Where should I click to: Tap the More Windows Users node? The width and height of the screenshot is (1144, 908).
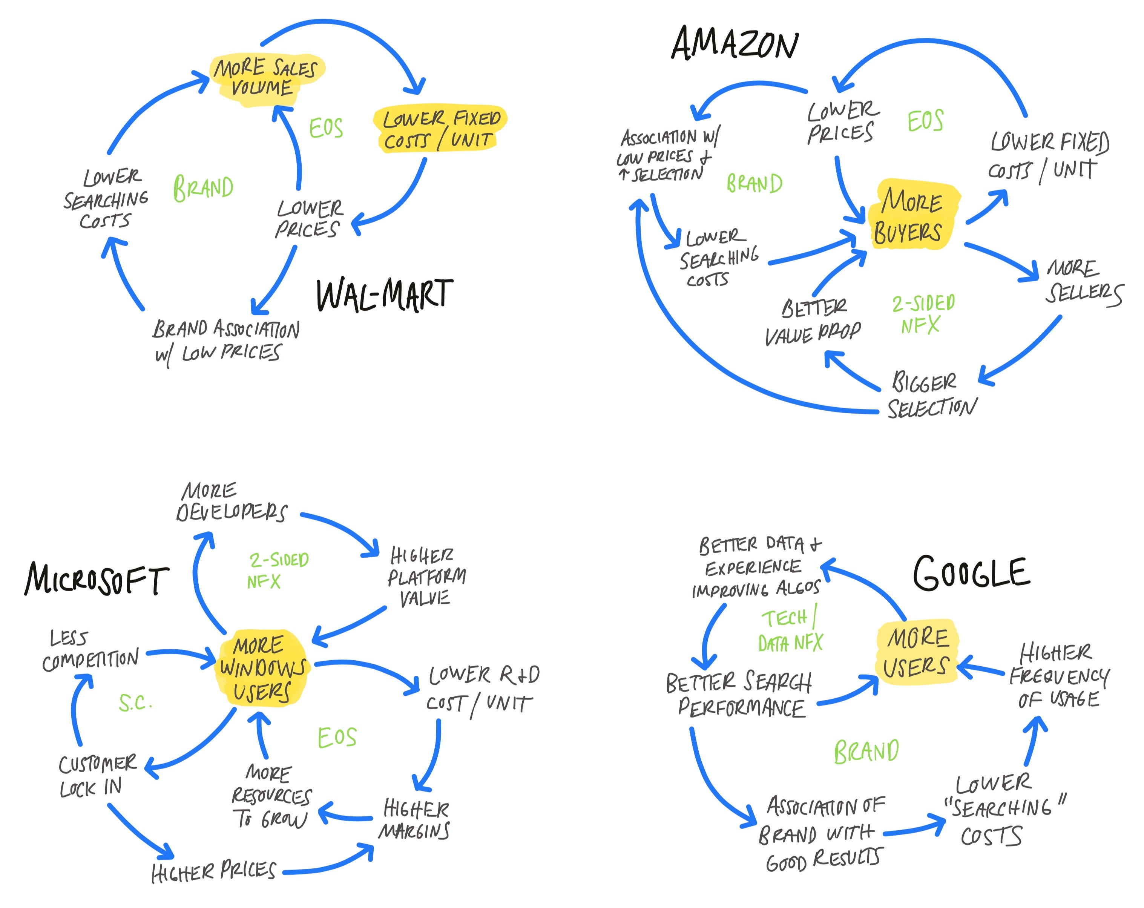click(x=262, y=668)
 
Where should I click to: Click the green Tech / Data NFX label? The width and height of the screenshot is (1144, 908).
click(x=791, y=630)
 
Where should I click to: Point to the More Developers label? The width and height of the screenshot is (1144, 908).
click(x=230, y=502)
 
